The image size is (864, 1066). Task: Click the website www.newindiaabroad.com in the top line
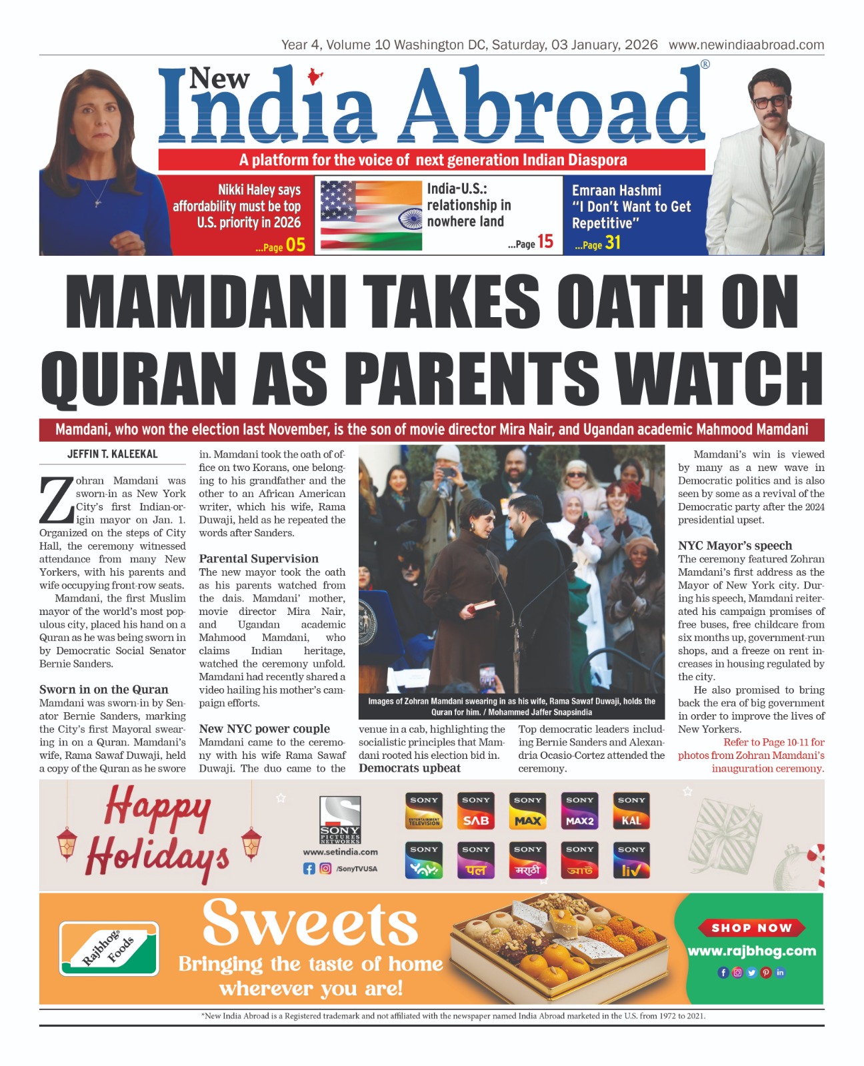pos(746,45)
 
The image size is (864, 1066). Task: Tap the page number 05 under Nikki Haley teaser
pos(295,245)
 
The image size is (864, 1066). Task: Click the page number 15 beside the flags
pos(545,242)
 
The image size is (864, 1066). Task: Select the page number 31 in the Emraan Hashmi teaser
pos(613,243)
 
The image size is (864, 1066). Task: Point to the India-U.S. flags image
pos(371,216)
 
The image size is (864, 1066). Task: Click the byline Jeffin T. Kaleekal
pos(112,454)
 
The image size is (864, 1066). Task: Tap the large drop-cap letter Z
pos(56,500)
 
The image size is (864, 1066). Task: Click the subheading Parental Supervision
pos(259,558)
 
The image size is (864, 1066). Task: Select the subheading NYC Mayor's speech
pos(735,546)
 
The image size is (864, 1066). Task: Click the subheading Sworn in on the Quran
pos(103,690)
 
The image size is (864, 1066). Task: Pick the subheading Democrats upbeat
pos(409,768)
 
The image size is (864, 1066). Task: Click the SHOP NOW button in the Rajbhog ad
pos(751,928)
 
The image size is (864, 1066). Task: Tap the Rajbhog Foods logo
pos(109,949)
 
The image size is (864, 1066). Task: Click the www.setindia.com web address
pos(340,851)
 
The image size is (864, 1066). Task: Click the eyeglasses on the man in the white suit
pos(769,101)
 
